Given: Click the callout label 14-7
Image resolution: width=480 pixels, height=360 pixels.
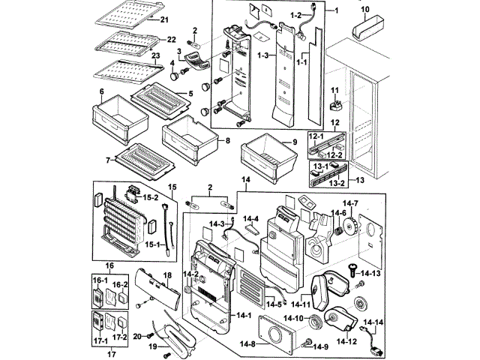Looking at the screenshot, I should point(352,204).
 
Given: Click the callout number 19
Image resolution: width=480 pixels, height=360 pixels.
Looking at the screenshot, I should point(153,348).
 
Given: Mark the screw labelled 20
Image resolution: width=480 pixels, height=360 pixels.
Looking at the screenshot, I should point(149,333).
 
